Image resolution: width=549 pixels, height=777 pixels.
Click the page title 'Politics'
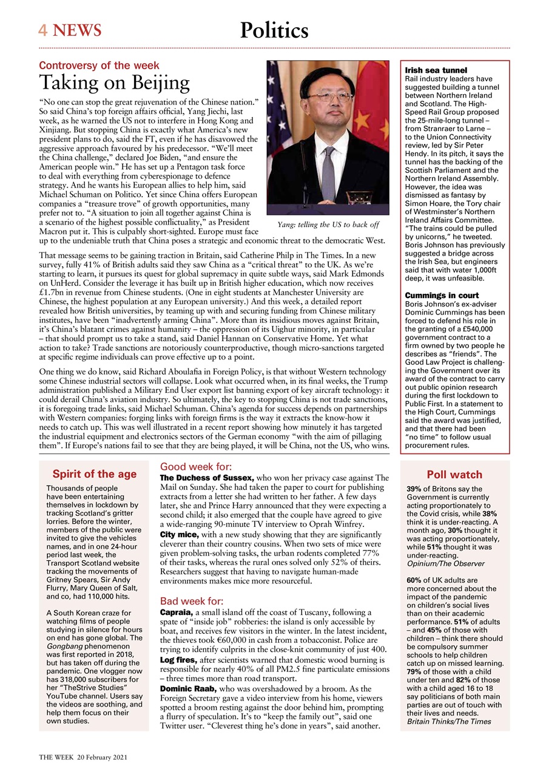click(x=274, y=30)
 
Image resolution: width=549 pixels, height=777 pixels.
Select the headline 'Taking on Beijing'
click(x=115, y=83)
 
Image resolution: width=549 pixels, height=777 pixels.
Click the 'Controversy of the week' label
click(x=99, y=66)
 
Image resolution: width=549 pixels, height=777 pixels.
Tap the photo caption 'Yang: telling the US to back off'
click(x=328, y=225)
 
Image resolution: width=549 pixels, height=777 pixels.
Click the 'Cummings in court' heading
click(x=442, y=296)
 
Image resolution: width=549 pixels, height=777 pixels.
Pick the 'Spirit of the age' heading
click(x=94, y=474)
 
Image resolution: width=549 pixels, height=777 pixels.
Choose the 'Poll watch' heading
click(x=454, y=475)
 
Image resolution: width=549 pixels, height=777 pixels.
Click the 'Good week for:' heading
click(x=195, y=467)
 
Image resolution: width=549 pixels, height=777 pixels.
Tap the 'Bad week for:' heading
click(x=192, y=601)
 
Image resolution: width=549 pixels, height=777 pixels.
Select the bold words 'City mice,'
click(x=180, y=534)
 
